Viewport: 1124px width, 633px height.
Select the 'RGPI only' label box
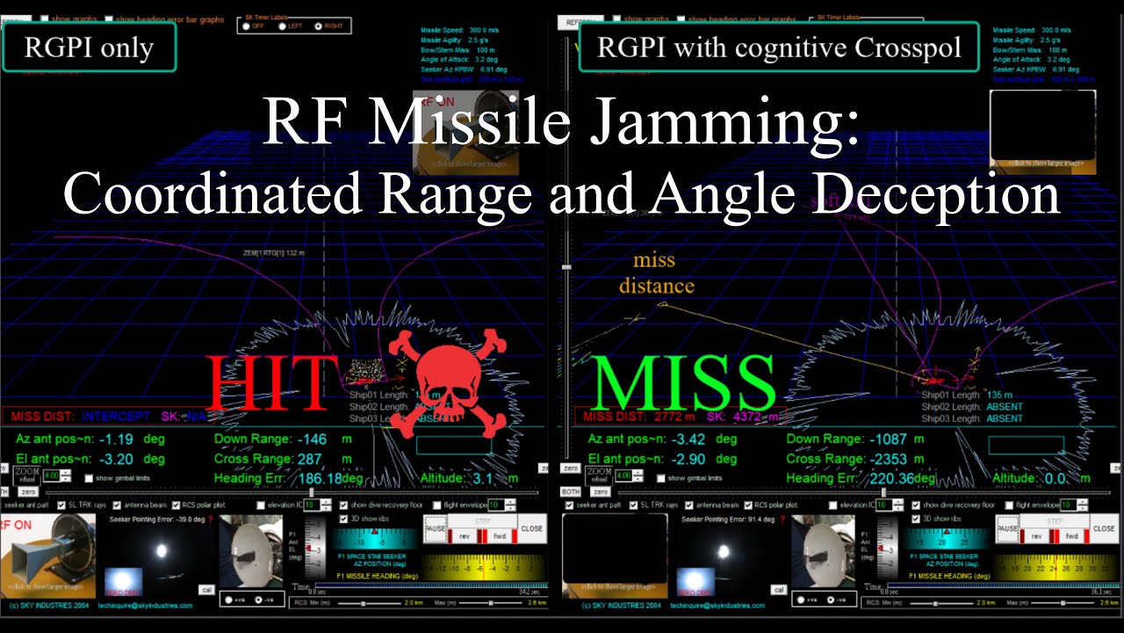(x=89, y=47)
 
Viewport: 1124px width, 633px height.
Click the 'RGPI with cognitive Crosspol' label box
(x=779, y=47)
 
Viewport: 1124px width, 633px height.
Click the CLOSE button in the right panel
(x=1104, y=528)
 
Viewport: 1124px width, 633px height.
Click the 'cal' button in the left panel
(x=206, y=589)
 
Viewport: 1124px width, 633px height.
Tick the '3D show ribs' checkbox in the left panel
(x=343, y=519)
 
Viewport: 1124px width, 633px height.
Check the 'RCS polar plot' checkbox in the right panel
(x=748, y=506)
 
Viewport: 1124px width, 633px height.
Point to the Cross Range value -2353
(x=890, y=459)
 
